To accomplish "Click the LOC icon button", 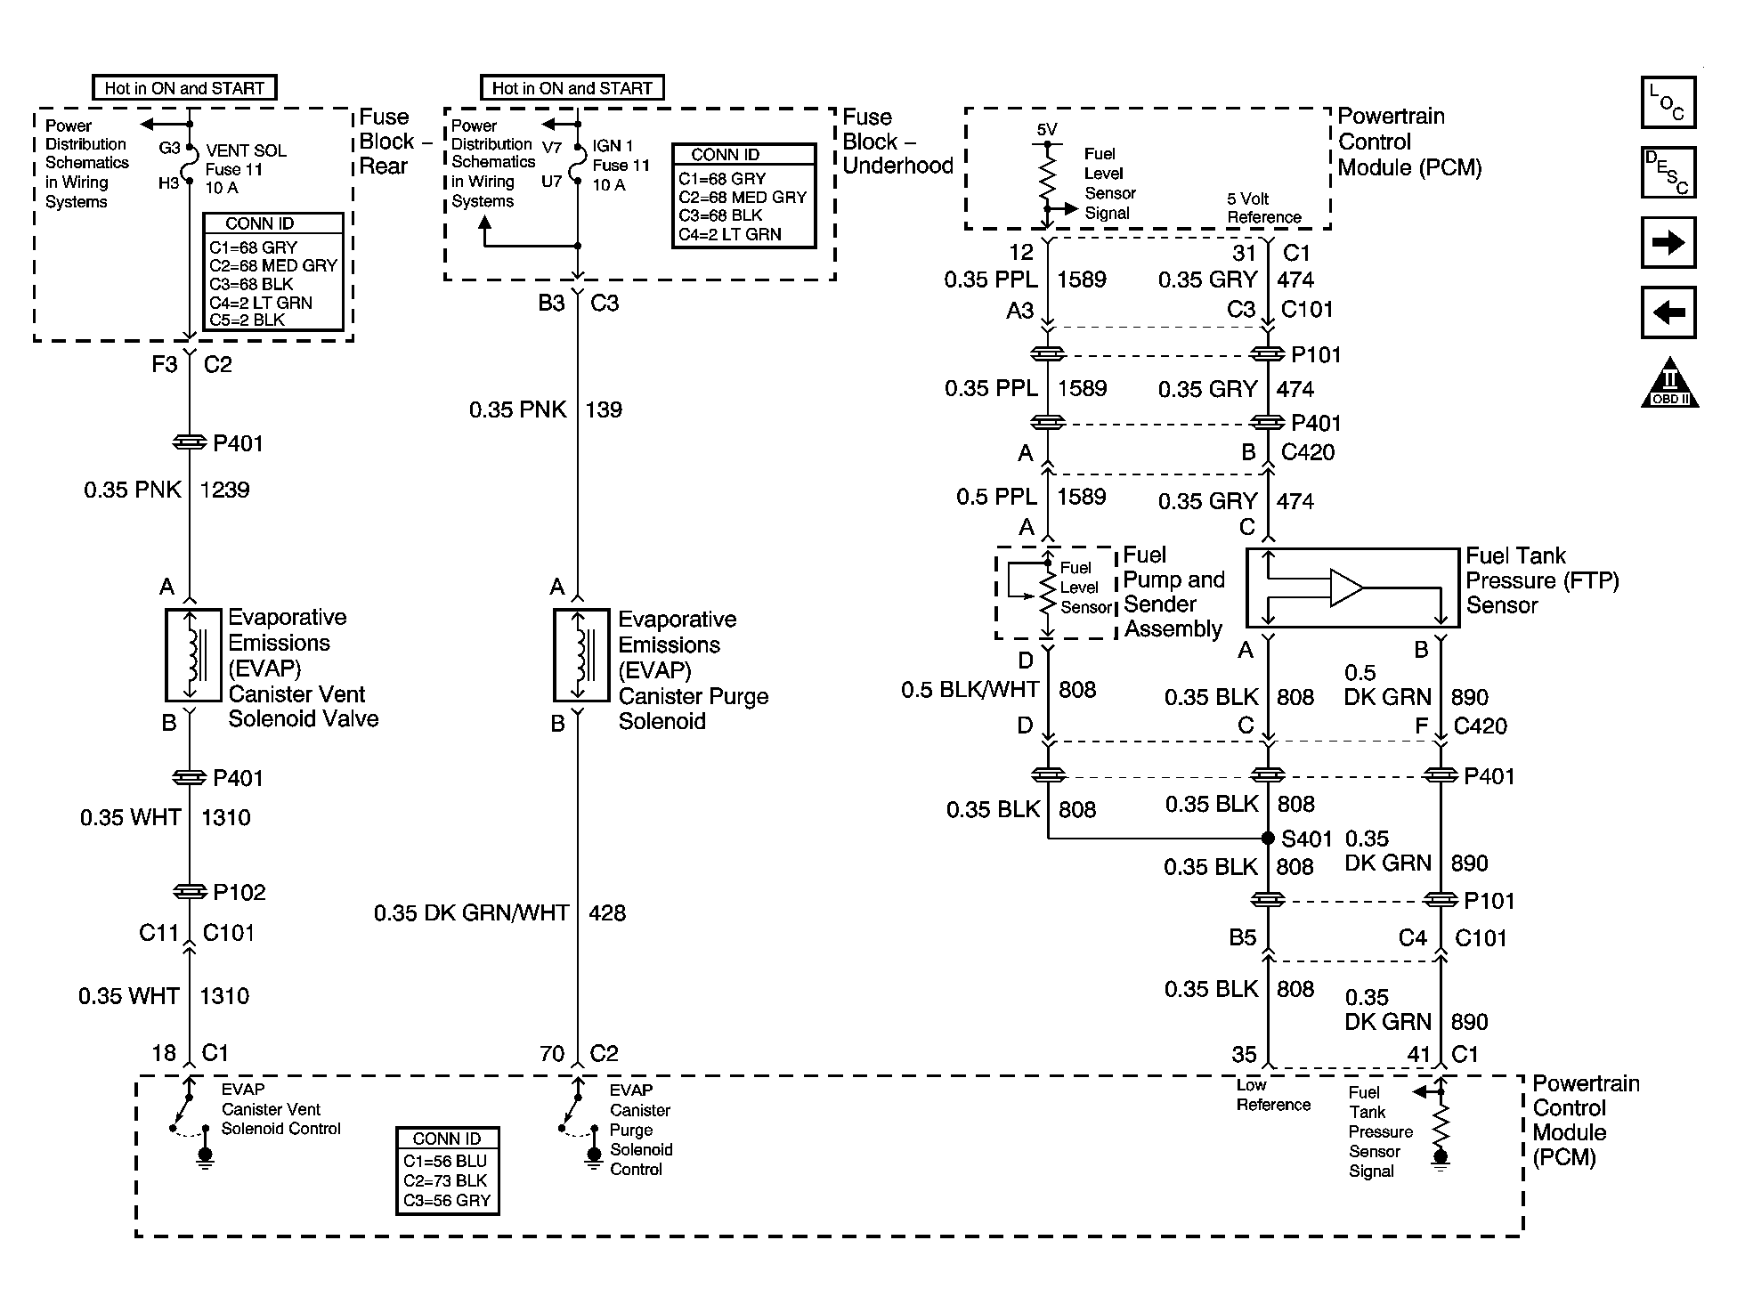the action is tap(1668, 102).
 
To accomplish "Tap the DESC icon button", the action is tap(1668, 172).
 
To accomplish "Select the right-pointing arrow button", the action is tap(1668, 242).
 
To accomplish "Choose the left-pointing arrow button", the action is tap(1668, 312).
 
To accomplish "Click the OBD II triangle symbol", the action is tap(1669, 384).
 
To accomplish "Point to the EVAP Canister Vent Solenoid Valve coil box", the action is tap(192, 655).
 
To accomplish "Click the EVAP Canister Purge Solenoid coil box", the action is tap(581, 655).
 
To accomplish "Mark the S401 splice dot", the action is tap(1268, 838).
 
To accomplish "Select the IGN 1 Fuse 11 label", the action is tap(621, 166).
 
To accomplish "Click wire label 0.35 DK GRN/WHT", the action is tap(471, 912).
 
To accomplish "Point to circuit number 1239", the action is tap(224, 490).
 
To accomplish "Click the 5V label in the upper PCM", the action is tap(1047, 130).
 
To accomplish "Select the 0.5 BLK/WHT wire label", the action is tap(970, 689).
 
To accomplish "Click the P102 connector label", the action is tap(239, 892).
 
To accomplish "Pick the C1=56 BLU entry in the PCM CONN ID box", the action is tap(445, 1161).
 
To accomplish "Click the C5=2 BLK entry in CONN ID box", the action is tap(247, 320).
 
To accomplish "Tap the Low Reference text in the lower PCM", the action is tap(1273, 1095).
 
